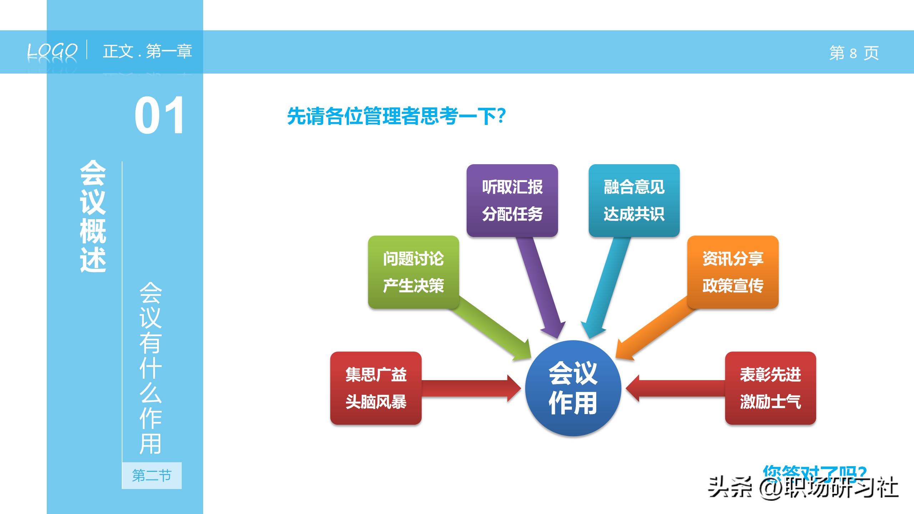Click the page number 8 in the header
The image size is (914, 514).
pyautogui.click(x=853, y=53)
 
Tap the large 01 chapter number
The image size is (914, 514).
pyautogui.click(x=159, y=116)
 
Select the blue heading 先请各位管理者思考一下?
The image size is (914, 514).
pyautogui.click(x=396, y=116)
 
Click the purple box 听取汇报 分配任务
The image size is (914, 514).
pyautogui.click(x=512, y=200)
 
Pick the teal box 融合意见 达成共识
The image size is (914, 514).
pyautogui.click(x=634, y=200)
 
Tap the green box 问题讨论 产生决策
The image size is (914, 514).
pyautogui.click(x=413, y=272)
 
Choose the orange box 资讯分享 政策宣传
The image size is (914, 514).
pyautogui.click(x=733, y=272)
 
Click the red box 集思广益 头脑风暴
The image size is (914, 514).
pyautogui.click(x=376, y=388)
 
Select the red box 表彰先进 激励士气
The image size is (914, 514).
pyautogui.click(x=770, y=388)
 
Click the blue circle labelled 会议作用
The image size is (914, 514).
pyautogui.click(x=573, y=388)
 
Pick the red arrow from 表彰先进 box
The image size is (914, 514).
pyautogui.click(x=675, y=388)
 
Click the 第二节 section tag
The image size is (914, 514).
pyautogui.click(x=152, y=475)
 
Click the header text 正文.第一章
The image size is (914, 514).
pyautogui.click(x=147, y=51)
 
